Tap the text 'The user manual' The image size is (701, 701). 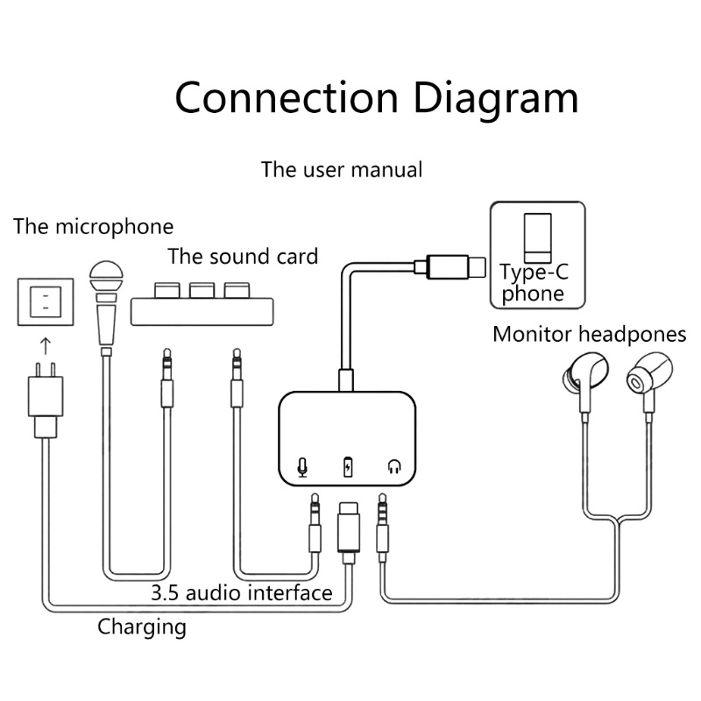(x=342, y=168)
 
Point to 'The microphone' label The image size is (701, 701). (x=93, y=227)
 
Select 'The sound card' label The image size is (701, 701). (x=243, y=257)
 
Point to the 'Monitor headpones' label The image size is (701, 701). (x=589, y=334)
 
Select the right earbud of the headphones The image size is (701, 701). (x=645, y=378)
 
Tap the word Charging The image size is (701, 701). (x=142, y=627)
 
